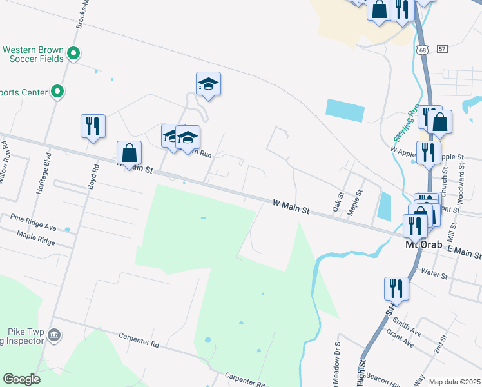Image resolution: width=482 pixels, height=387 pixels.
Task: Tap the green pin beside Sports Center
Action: click(58, 92)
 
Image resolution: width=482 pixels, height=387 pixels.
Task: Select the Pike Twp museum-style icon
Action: click(55, 335)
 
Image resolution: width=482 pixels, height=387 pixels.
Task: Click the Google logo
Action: click(21, 379)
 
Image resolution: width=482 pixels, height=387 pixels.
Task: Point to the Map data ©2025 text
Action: click(455, 382)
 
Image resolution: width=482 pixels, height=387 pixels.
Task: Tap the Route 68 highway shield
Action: click(422, 50)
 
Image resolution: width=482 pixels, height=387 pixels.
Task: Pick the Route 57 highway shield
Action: click(441, 49)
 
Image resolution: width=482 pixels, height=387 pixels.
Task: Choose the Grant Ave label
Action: click(400, 340)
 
